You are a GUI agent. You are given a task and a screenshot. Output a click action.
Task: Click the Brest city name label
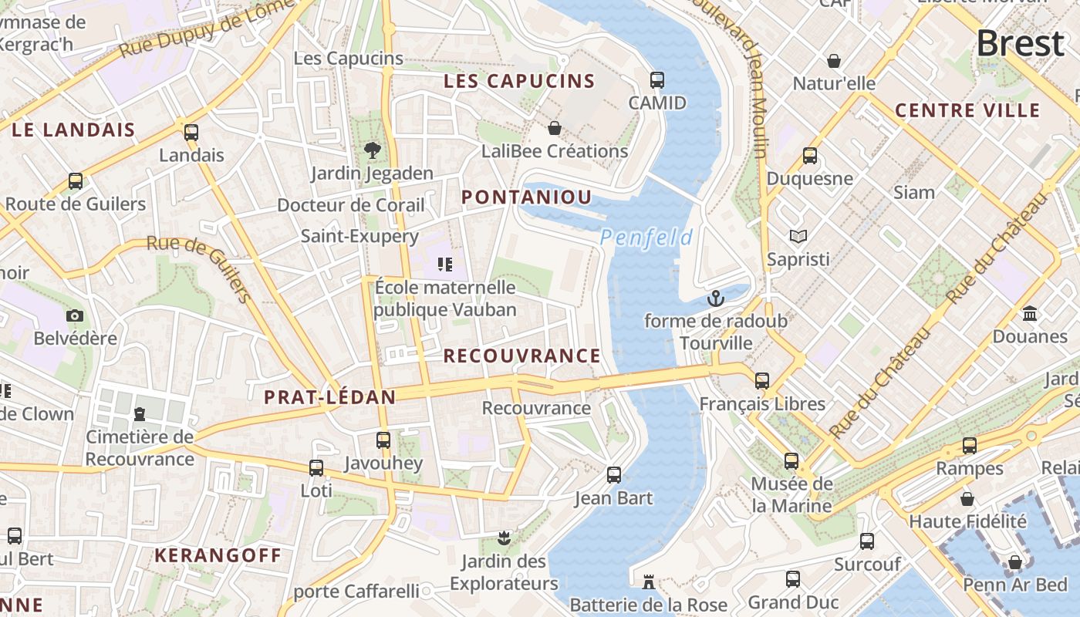pos(1020,43)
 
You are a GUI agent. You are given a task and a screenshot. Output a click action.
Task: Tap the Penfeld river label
pos(646,238)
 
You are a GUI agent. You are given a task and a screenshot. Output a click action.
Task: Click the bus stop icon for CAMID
pos(657,79)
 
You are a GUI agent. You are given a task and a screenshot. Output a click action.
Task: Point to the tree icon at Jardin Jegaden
pos(373,150)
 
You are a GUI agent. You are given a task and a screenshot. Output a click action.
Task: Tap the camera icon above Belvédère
pos(75,315)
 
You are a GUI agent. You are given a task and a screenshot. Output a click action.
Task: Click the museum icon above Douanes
pos(1029,313)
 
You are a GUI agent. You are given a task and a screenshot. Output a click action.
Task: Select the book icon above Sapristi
pos(798,236)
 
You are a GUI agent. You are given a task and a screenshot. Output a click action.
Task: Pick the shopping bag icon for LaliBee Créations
pos(554,127)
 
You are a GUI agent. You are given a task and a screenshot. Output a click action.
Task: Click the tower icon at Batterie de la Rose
pos(649,581)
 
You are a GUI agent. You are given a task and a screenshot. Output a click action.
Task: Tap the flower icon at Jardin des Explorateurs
pos(504,537)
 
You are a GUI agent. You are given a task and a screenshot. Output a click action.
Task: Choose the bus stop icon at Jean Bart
pos(614,475)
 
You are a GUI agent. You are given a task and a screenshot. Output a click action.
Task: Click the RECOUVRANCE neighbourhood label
pos(521,356)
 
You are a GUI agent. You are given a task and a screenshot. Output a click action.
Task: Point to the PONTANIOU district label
pos(526,197)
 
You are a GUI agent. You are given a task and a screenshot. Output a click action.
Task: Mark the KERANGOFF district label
pos(218,555)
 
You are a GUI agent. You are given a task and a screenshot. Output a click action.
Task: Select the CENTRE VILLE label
pos(967,111)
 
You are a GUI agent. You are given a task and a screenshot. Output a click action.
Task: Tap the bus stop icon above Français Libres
pos(762,380)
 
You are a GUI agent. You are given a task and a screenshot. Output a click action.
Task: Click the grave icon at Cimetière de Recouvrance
pos(140,414)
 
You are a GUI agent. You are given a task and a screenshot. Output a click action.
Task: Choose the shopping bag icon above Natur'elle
pos(834,60)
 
